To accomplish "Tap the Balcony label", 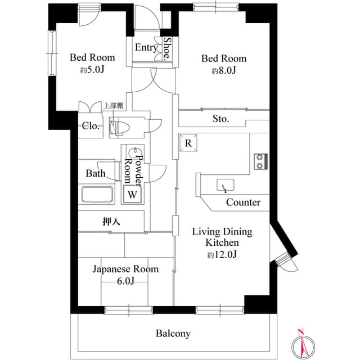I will click(x=173, y=334).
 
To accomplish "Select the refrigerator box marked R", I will click(x=188, y=143).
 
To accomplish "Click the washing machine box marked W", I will click(x=132, y=195).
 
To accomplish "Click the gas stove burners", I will click(x=260, y=161).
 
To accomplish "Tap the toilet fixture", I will click(x=119, y=128).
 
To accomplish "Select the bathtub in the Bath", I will click(x=98, y=195).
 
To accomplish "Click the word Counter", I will click(x=243, y=202).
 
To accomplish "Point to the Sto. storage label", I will click(x=220, y=119).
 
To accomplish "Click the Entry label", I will click(x=146, y=48).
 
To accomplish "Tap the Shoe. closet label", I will click(x=167, y=49).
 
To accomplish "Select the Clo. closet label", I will click(x=91, y=126).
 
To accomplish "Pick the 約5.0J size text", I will click(x=92, y=70).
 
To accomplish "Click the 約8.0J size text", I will click(x=223, y=71).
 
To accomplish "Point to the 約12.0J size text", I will click(x=222, y=255).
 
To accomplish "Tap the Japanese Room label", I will click(x=125, y=269).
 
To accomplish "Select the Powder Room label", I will click(x=135, y=168).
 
